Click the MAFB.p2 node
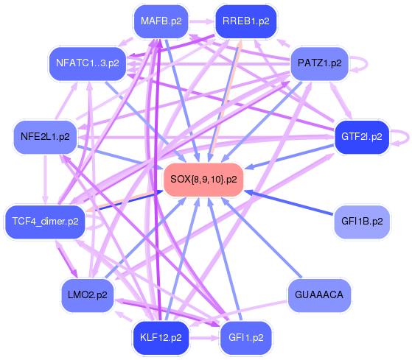161,21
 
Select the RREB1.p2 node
246,21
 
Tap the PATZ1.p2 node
320,63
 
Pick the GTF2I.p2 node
362,137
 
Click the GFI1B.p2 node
362,221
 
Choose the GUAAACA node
319,294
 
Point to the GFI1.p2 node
246,337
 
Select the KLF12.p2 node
161,337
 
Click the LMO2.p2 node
88,295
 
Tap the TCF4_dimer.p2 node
45,222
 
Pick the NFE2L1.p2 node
45,137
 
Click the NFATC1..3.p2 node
88,63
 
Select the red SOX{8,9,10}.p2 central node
203,180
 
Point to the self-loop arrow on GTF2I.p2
408,137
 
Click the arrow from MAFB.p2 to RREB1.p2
202,21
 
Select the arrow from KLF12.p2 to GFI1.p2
204,337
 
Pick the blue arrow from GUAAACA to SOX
261,238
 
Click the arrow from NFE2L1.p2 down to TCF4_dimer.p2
45,180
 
